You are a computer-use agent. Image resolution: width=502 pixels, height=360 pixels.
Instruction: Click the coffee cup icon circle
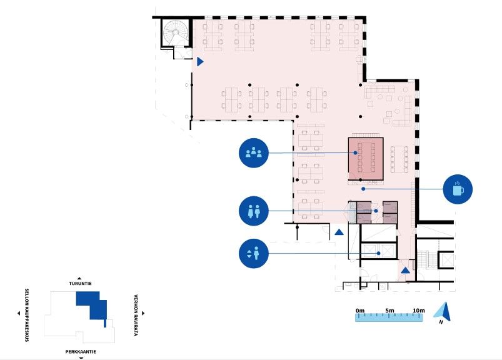pyautogui.click(x=458, y=189)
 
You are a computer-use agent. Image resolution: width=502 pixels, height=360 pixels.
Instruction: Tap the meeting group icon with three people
pyautogui.click(x=254, y=153)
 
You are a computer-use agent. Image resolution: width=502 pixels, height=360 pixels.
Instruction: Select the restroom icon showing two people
pyautogui.click(x=254, y=211)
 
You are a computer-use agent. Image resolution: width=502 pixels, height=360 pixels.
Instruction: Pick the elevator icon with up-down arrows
pyautogui.click(x=254, y=254)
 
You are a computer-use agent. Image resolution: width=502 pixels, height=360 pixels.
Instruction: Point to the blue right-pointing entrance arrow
pyautogui.click(x=200, y=61)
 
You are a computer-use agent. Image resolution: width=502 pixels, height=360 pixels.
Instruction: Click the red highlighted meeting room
pyautogui.click(x=366, y=159)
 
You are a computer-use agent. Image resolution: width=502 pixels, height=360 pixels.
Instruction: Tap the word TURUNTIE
pyautogui.click(x=80, y=284)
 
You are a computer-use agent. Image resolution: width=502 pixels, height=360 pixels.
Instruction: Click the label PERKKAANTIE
pyautogui.click(x=81, y=352)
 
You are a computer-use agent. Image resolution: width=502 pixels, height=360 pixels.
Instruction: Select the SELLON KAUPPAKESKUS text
pyautogui.click(x=27, y=315)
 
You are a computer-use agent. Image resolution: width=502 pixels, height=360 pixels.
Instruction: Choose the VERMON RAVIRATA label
pyautogui.click(x=136, y=315)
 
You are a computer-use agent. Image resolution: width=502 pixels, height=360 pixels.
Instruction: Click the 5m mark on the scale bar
pyautogui.click(x=389, y=311)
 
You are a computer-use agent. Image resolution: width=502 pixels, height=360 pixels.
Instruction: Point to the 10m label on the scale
pyautogui.click(x=419, y=311)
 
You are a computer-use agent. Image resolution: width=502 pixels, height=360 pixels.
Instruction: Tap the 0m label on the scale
pyautogui.click(x=360, y=311)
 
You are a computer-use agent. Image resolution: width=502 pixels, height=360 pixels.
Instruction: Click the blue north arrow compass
pyautogui.click(x=443, y=311)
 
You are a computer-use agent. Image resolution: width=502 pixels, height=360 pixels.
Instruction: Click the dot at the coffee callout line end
pyautogui.click(x=363, y=189)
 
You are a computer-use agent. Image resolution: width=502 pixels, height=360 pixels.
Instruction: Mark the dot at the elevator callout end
pyautogui.click(x=379, y=254)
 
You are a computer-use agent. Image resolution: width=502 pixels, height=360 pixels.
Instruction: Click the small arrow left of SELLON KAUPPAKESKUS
pyautogui.click(x=19, y=313)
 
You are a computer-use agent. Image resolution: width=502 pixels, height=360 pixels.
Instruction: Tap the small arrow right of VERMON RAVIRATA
pyautogui.click(x=143, y=313)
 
